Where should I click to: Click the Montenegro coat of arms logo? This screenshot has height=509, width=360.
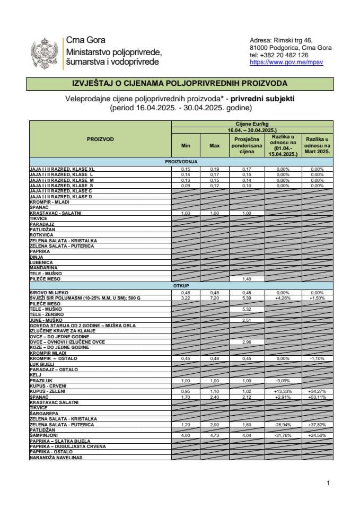point(45,53)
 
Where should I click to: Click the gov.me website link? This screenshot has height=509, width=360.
point(286,62)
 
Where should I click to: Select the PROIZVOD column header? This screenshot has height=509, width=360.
point(100,139)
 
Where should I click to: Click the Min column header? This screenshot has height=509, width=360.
point(186,145)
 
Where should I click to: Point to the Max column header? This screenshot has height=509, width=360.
point(214,145)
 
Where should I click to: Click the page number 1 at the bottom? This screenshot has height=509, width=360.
point(329,483)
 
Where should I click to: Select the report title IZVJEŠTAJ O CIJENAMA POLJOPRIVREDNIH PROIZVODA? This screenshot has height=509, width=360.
point(180,83)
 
